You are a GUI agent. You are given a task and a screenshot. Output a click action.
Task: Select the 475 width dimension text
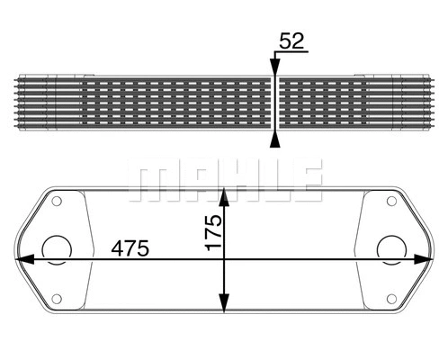coord(130,247)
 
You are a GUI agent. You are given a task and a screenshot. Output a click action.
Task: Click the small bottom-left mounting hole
coord(58,298)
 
